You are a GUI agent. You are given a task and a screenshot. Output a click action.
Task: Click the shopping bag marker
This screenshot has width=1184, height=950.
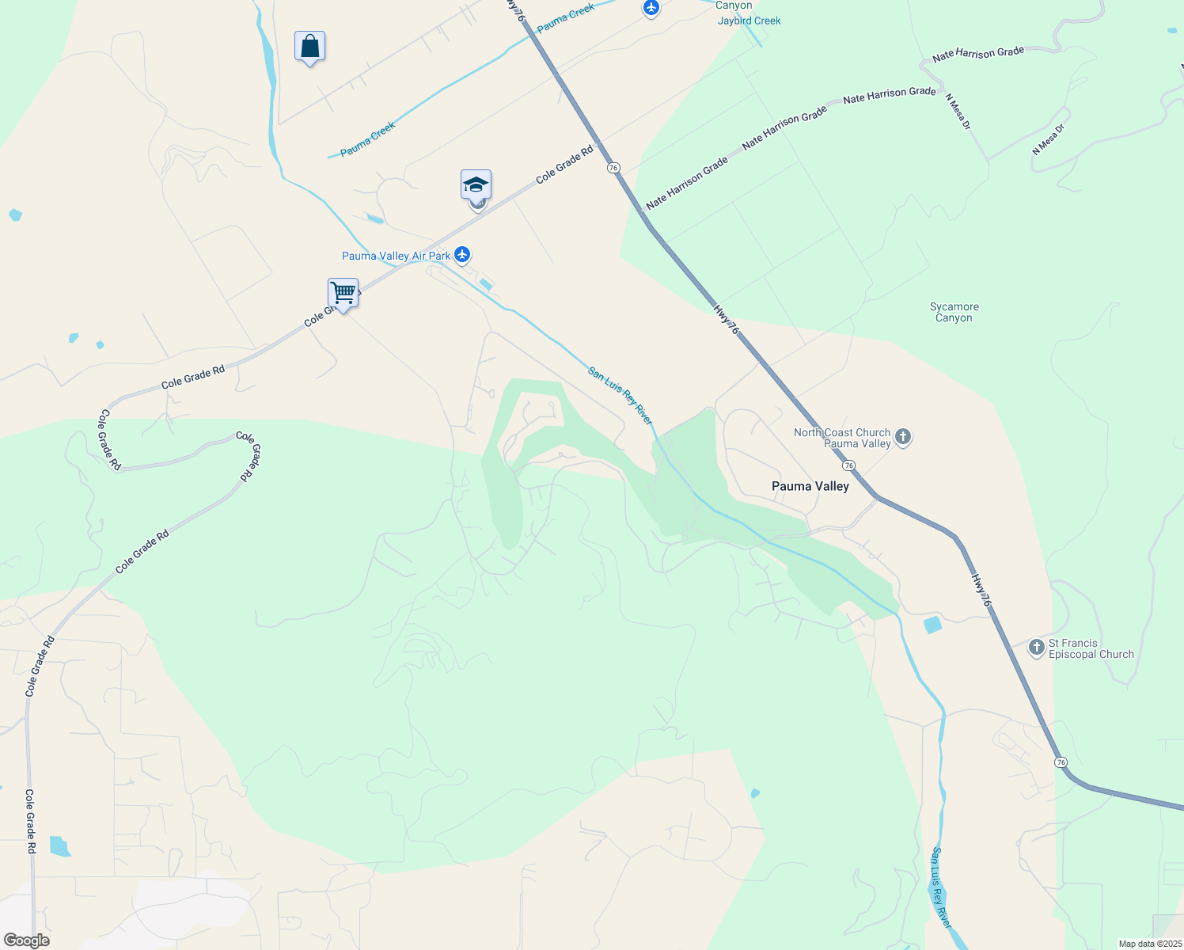click(x=309, y=47)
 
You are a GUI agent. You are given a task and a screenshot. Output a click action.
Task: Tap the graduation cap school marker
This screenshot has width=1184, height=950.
click(x=476, y=184)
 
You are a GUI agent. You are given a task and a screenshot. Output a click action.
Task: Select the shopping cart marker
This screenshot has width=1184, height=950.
click(x=343, y=293)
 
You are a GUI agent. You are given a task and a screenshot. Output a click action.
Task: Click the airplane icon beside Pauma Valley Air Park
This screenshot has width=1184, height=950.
click(x=462, y=255)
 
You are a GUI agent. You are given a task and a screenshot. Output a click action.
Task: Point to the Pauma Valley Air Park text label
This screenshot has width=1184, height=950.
click(x=396, y=256)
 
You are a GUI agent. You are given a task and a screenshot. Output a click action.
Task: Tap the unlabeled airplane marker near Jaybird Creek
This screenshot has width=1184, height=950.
click(x=651, y=8)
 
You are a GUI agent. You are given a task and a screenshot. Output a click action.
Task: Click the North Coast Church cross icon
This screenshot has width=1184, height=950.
click(x=902, y=436)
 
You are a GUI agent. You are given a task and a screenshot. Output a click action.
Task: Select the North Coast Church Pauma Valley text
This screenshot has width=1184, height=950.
click(x=842, y=438)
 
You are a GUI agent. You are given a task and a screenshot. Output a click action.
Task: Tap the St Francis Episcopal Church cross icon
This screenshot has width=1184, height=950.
click(x=1036, y=648)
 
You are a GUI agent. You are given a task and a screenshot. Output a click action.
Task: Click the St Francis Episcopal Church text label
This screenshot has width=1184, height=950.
click(x=1091, y=648)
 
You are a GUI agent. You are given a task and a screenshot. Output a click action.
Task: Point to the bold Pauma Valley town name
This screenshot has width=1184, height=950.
click(x=810, y=486)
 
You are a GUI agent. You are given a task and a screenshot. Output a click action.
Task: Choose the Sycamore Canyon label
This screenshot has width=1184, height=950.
click(x=954, y=312)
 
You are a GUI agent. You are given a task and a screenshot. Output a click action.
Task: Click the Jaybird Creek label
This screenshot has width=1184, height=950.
click(x=749, y=21)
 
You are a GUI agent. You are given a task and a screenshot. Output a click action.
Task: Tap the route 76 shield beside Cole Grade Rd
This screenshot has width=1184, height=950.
click(x=613, y=168)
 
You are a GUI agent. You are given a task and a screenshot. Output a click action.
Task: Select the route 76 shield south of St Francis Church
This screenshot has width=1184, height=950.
click(x=1061, y=762)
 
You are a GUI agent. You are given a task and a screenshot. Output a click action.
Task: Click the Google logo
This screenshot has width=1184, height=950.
click(x=27, y=940)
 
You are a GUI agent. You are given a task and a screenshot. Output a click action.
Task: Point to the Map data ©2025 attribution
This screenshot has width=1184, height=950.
click(x=1149, y=944)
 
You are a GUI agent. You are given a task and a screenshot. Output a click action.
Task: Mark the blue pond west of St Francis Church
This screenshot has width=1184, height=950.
click(x=933, y=625)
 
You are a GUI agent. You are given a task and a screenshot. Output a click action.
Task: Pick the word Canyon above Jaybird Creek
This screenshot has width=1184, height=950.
click(x=734, y=6)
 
